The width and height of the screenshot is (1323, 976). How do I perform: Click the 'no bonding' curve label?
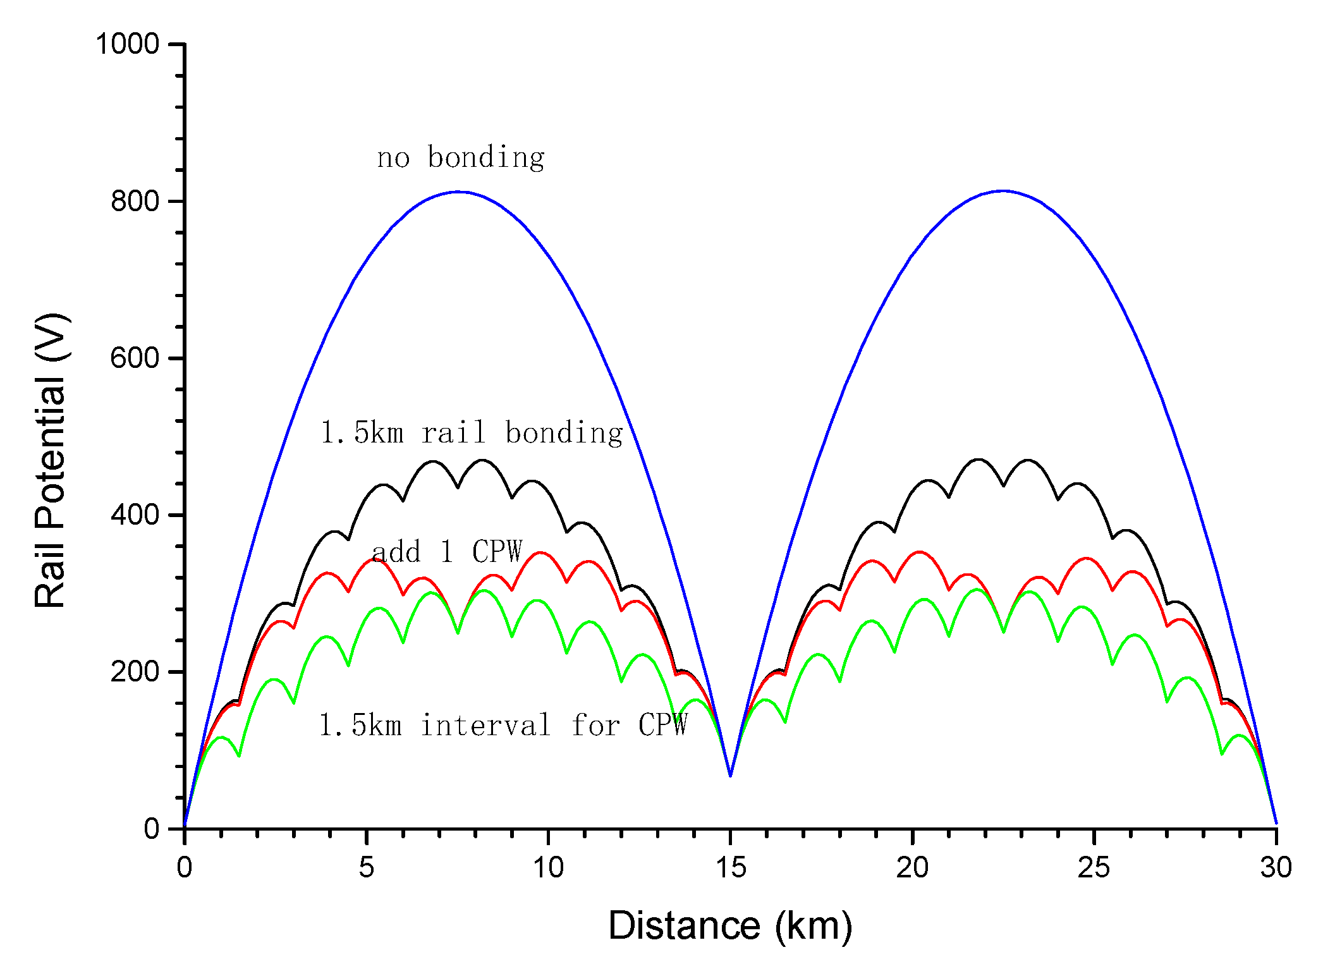click(460, 157)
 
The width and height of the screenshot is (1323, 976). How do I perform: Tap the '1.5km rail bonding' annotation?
click(472, 433)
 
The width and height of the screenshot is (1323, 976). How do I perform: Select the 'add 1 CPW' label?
click(447, 552)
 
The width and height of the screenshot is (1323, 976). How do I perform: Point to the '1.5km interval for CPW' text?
click(503, 725)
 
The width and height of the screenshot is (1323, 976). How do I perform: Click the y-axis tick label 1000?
click(126, 44)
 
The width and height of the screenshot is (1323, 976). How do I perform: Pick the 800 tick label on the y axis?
click(134, 201)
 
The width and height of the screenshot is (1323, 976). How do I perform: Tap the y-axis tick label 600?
click(134, 358)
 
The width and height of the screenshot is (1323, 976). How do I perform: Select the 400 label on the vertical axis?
click(134, 515)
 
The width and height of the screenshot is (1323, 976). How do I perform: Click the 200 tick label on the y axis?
click(134, 671)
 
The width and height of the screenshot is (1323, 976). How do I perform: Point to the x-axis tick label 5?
click(366, 868)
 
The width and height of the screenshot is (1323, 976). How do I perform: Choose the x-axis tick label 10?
click(547, 868)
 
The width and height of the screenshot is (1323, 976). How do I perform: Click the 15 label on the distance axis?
click(730, 868)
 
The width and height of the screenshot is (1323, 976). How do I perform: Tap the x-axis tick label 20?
click(912, 868)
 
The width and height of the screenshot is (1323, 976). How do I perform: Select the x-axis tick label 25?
click(1094, 868)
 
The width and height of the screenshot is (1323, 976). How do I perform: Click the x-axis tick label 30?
click(1276, 868)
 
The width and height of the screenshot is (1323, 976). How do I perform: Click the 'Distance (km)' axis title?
click(730, 926)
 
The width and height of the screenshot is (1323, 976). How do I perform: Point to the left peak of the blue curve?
click(458, 192)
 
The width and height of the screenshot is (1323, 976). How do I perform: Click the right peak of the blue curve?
click(1003, 190)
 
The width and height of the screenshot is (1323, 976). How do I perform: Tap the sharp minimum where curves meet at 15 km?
click(730, 775)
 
